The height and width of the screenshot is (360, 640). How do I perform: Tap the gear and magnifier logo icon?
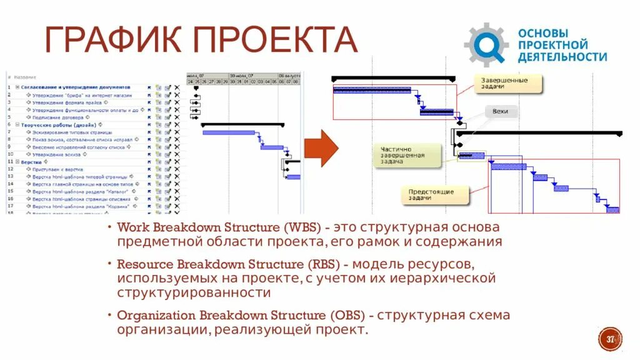(486, 44)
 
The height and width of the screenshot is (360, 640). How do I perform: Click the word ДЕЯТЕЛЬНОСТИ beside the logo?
(562, 57)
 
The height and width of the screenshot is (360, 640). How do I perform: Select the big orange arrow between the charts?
(321, 148)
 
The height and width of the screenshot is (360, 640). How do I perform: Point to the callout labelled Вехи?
(501, 112)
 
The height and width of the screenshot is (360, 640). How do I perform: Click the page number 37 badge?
(610, 339)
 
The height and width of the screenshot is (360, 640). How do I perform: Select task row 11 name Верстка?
(32, 161)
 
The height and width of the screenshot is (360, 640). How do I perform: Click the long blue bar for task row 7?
(229, 132)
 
